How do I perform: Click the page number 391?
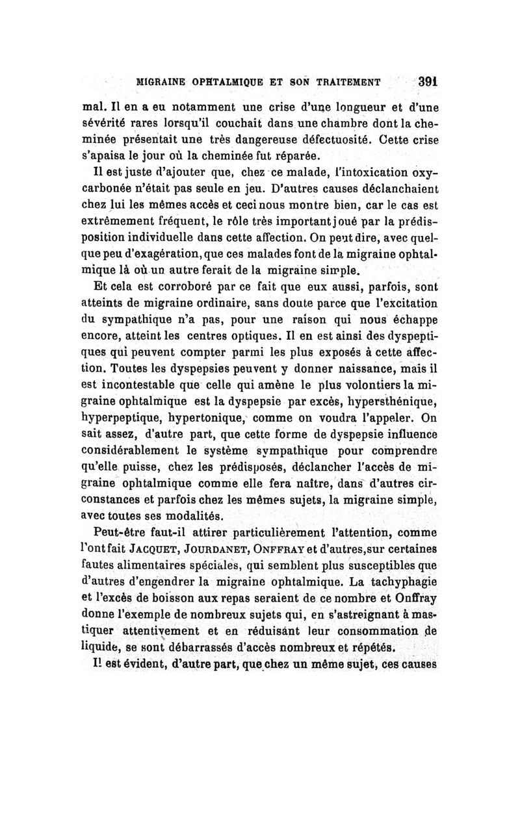click(426, 83)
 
